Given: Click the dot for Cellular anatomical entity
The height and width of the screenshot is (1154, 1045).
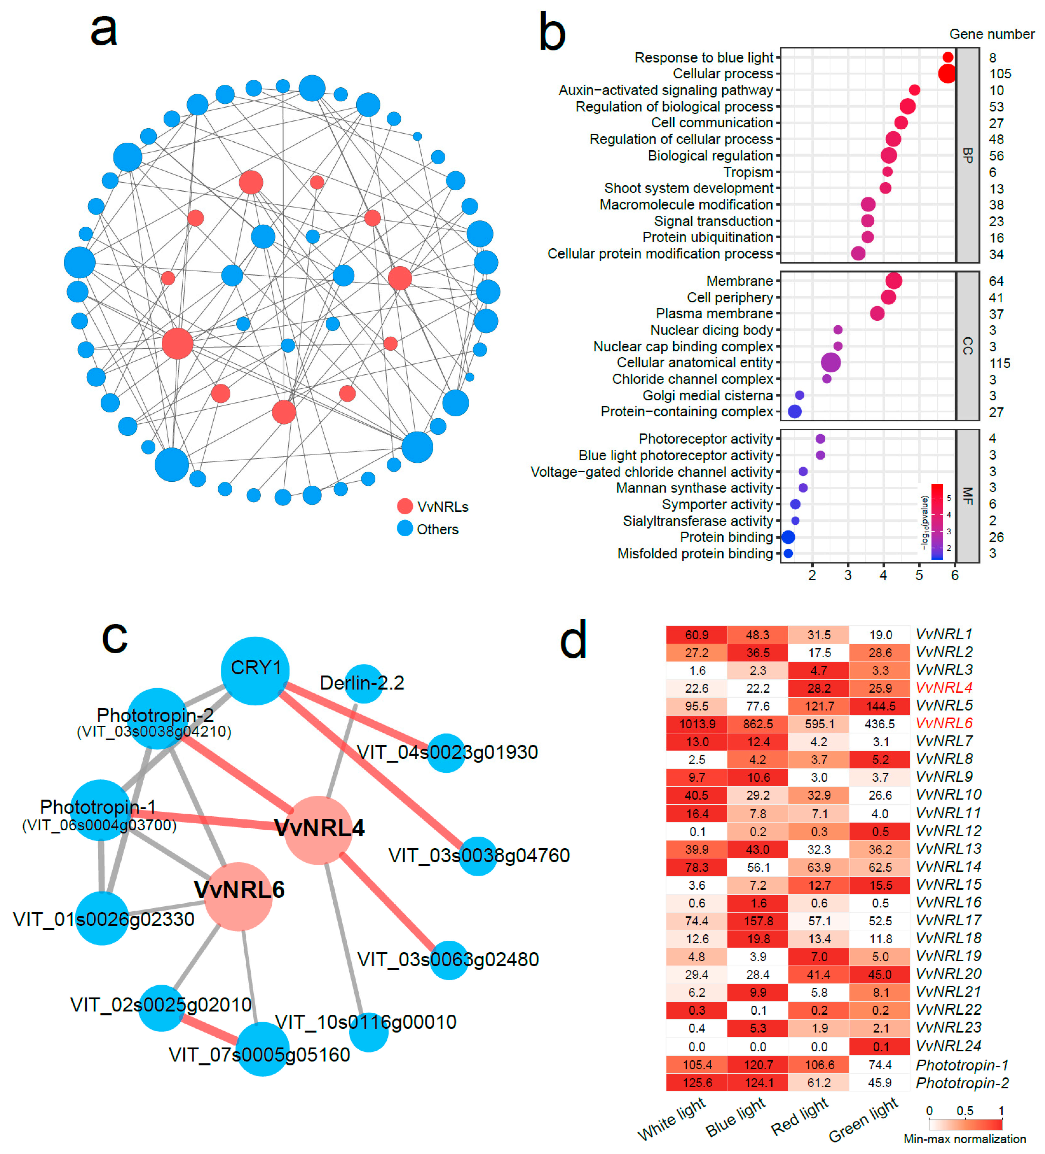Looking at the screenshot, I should coord(830,362).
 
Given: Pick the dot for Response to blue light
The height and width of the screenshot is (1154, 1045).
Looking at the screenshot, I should coord(948,57).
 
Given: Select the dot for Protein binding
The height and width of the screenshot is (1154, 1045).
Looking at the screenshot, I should coord(788,537).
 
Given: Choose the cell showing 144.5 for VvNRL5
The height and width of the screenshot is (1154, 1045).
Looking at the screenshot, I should coord(880,706).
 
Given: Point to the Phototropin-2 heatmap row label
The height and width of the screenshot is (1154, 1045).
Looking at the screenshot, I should coord(962,1083).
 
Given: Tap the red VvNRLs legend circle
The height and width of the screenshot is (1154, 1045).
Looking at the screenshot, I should coord(405,506).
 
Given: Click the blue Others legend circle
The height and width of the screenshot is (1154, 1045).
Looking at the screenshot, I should coord(405,528).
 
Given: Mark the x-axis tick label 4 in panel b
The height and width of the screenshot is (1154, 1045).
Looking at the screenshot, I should coord(883,575).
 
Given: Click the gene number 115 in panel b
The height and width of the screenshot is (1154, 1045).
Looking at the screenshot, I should coord(1000,363).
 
